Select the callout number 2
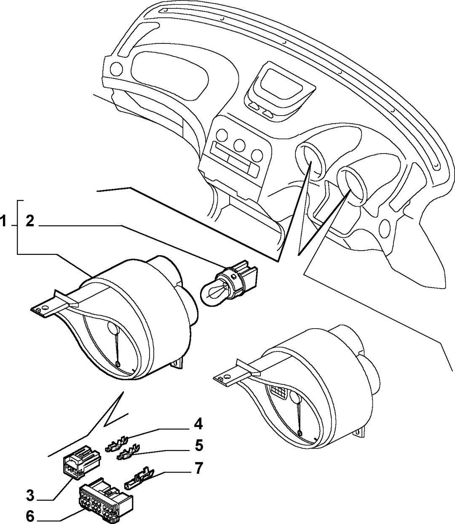point(30,221)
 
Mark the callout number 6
point(30,515)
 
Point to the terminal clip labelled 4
point(117,445)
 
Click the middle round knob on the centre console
point(240,145)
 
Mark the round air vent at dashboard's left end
point(116,68)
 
